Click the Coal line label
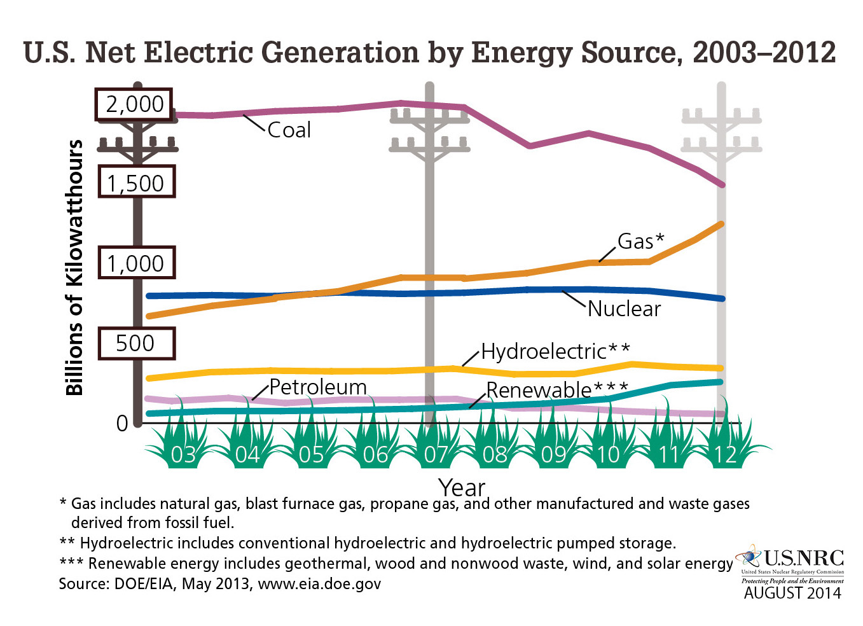tap(289, 130)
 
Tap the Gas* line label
tap(640, 241)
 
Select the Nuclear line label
tap(624, 309)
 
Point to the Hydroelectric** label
tap(555, 351)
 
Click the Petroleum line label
tap(317, 387)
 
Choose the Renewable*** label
tap(557, 389)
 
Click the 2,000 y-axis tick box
tap(135, 104)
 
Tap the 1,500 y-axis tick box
tap(135, 183)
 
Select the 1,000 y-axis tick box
tap(135, 263)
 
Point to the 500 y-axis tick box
tap(135, 344)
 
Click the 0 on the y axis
tap(122, 423)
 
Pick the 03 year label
tap(183, 455)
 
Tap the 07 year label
tap(436, 455)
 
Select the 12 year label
tap(724, 455)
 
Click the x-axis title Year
tap(462, 488)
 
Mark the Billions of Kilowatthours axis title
tap(74, 267)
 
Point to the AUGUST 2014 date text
tap(792, 593)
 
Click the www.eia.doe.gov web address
tap(319, 583)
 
